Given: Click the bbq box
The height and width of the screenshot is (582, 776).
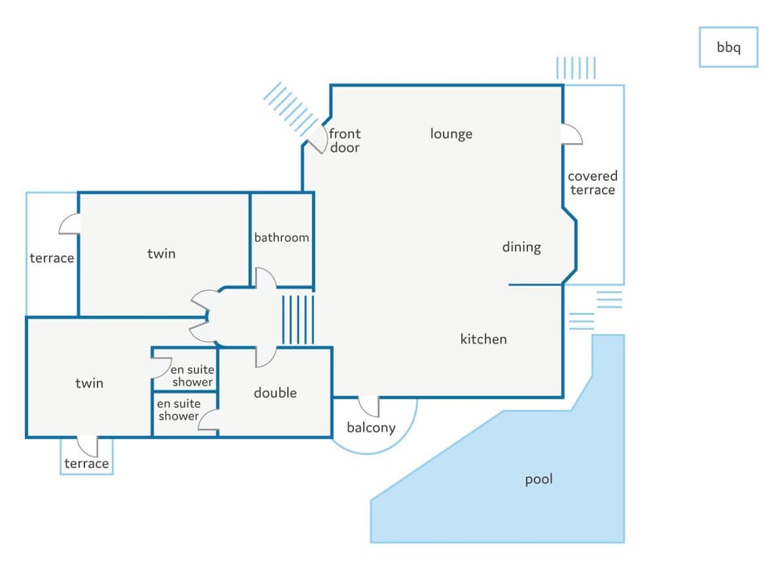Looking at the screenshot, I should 727,47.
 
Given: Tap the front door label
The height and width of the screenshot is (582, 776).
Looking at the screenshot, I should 344,141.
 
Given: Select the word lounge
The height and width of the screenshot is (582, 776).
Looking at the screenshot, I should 451,134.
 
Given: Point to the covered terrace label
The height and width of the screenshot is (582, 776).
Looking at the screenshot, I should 592,183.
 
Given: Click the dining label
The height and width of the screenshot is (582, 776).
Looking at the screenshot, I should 521,247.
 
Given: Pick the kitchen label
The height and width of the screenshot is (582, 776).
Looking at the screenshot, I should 483,339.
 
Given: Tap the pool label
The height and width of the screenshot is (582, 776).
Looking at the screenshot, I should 538,479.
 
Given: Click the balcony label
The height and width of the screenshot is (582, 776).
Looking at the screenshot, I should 371,428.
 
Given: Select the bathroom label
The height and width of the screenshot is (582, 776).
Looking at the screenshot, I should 281,238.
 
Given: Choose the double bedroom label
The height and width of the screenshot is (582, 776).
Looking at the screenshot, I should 275,393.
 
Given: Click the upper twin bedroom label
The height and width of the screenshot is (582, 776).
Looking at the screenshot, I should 161,254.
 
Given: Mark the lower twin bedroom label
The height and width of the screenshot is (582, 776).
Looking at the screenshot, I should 89,383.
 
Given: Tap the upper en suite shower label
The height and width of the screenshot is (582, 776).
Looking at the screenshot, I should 192,376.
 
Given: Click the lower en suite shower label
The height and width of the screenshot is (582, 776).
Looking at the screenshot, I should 178,410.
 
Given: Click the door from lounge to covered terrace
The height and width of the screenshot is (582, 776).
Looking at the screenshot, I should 571,135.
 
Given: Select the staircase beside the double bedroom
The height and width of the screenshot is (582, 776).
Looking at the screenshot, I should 297,320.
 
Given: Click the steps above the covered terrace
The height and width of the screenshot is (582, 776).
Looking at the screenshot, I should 576,68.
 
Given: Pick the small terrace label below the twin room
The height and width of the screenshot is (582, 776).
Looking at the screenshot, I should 86,464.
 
